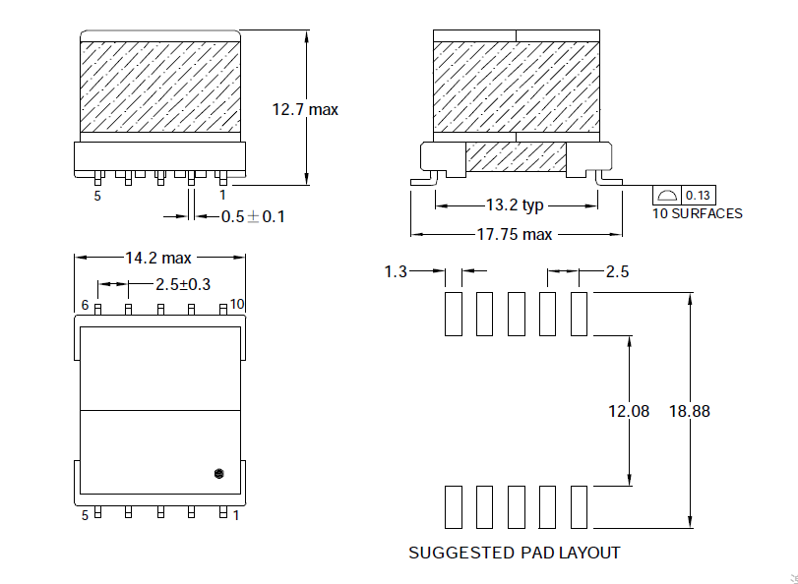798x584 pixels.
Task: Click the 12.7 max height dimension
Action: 304,110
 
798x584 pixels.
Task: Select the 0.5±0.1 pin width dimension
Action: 252,216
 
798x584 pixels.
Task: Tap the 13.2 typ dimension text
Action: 515,205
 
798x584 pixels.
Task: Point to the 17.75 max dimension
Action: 515,235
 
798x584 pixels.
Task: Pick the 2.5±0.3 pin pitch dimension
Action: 183,285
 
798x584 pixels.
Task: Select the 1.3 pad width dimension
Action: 396,271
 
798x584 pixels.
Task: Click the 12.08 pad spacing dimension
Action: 629,411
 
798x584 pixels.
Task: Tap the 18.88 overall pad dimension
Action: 688,411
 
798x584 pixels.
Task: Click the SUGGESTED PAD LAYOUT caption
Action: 514,553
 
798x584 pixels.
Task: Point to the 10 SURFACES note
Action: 697,213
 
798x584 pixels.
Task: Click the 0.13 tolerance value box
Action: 698,195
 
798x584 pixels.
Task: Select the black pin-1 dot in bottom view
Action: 219,474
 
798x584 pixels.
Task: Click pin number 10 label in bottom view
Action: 237,304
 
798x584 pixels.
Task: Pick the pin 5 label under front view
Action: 97,196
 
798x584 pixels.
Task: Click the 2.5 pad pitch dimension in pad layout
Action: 617,271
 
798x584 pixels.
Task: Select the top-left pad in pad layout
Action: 453,314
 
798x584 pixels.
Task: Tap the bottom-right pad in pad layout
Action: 579,507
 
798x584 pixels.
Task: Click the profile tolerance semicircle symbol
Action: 667,195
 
